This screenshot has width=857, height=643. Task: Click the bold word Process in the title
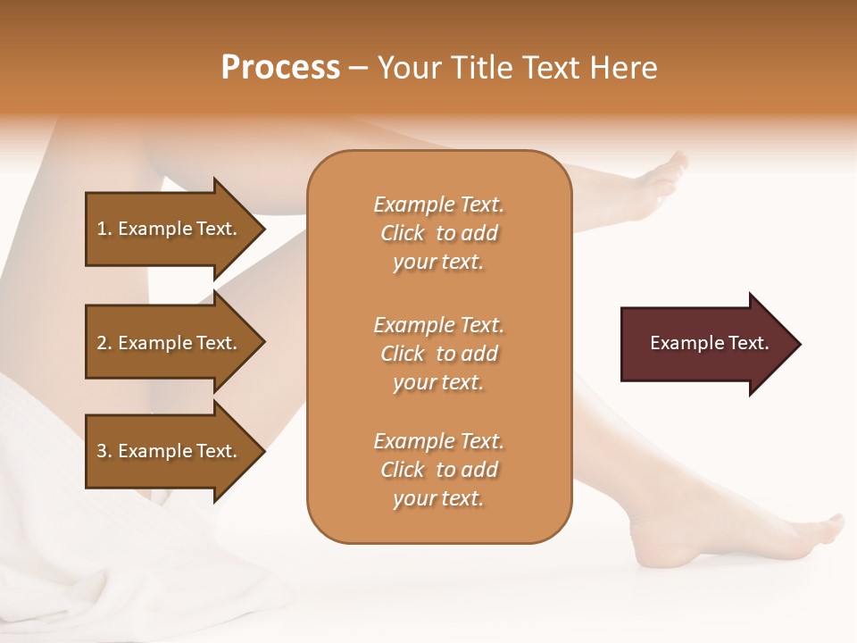(280, 68)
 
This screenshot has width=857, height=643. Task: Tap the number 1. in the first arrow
(104, 229)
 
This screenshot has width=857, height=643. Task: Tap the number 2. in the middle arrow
(104, 343)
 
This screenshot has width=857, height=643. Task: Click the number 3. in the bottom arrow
(104, 451)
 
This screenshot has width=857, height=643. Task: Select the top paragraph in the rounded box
(438, 233)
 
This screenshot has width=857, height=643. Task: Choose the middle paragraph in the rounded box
(438, 354)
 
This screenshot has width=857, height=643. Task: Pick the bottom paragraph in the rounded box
(438, 470)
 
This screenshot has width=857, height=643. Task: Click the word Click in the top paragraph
(403, 233)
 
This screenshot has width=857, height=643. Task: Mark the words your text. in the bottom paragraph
(438, 498)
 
